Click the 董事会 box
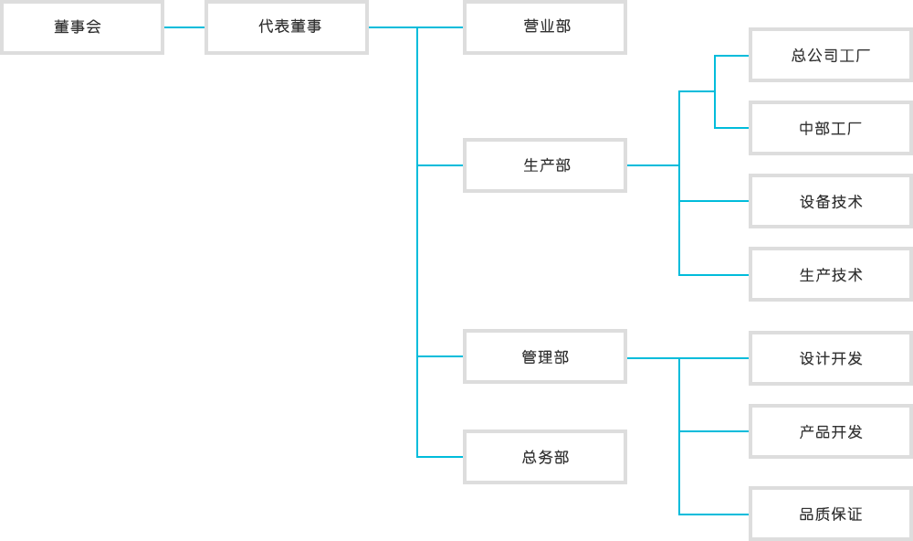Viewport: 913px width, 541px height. pyautogui.click(x=81, y=27)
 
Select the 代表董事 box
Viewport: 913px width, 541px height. pyautogui.click(x=287, y=27)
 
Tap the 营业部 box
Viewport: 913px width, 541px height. pyautogui.click(x=545, y=27)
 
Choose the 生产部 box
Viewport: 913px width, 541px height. pyautogui.click(x=545, y=165)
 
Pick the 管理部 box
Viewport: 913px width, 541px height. pyautogui.click(x=545, y=356)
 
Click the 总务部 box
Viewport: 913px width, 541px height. pyautogui.click(x=545, y=457)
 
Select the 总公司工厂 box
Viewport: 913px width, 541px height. pyautogui.click(x=831, y=56)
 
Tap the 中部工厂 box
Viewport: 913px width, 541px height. pyautogui.click(x=831, y=128)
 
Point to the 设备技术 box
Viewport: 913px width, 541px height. pyautogui.click(x=831, y=201)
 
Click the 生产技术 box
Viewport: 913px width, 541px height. pyautogui.click(x=831, y=274)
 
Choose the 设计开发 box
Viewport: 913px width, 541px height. pyautogui.click(x=831, y=358)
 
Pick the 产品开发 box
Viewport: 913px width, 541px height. pyautogui.click(x=831, y=431)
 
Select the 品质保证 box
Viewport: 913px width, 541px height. pyautogui.click(x=831, y=514)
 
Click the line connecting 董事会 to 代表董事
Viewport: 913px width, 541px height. pyautogui.click(x=184, y=27)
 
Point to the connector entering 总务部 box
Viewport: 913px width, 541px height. pyautogui.click(x=440, y=457)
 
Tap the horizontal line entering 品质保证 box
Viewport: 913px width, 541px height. pyautogui.click(x=714, y=514)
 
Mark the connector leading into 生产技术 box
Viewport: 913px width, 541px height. pyautogui.click(x=714, y=274)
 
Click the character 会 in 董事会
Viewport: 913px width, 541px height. pyautogui.click(x=94, y=27)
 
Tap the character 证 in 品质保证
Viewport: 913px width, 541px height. pyautogui.click(x=855, y=514)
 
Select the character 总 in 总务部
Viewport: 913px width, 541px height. pyautogui.click(x=530, y=457)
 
